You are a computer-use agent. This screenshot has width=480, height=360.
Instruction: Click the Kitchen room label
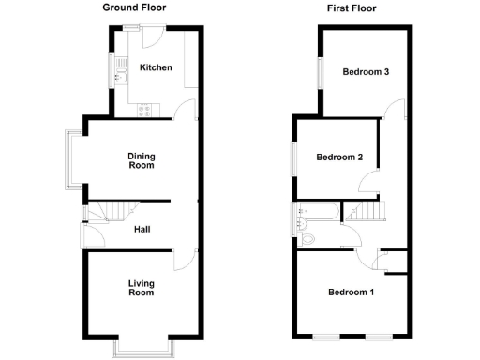(x=154, y=67)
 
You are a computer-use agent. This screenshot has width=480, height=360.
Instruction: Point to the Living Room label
(x=141, y=288)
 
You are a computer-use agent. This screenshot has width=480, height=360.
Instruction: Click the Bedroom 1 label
(x=351, y=292)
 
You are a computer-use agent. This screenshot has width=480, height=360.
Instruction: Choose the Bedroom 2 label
(x=339, y=157)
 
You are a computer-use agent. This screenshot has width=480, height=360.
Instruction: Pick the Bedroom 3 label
(x=366, y=72)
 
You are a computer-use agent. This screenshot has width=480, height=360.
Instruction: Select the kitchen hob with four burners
(x=145, y=110)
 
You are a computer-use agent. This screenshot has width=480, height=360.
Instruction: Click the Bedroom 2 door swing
(x=371, y=184)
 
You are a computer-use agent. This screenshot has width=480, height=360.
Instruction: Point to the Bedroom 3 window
(x=318, y=72)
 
